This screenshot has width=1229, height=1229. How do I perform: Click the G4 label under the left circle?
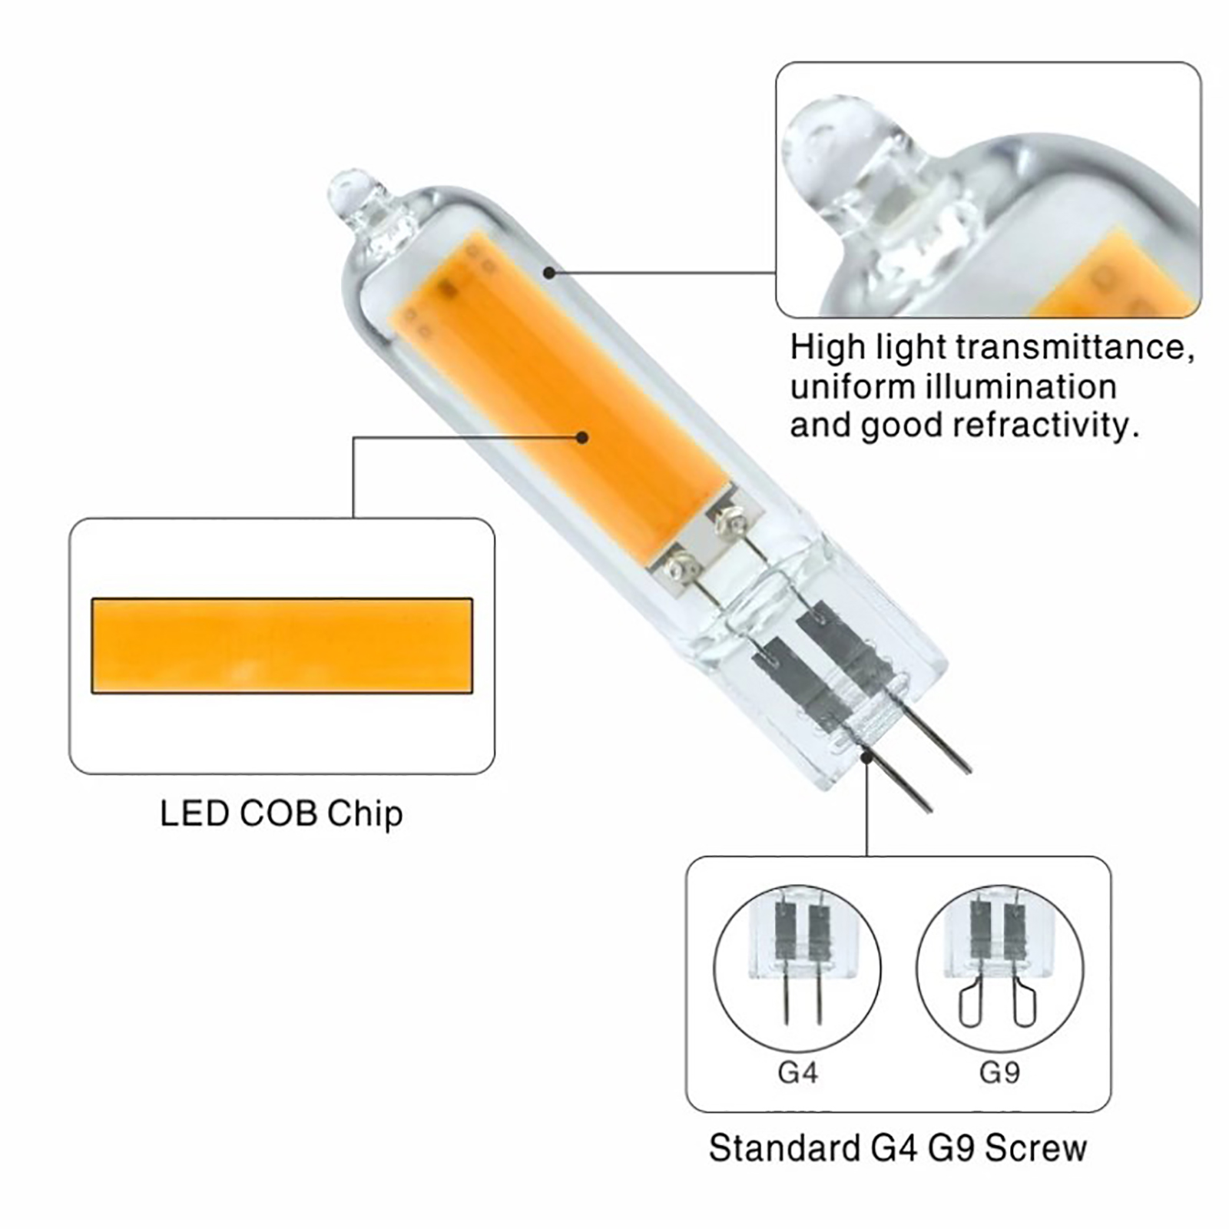tap(797, 1072)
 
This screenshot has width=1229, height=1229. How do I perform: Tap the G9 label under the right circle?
tap(999, 1072)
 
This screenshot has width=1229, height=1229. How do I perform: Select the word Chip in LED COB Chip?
tap(365, 814)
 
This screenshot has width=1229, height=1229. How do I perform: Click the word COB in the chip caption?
tap(278, 813)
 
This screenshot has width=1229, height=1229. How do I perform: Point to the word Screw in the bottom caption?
tap(1036, 1148)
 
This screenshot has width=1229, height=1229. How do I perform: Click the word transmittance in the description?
tap(1075, 348)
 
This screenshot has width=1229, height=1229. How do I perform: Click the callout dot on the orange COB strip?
tap(582, 437)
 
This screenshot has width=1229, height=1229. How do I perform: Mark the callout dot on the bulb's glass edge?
tap(549, 272)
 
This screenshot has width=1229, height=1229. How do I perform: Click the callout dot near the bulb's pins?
tap(867, 757)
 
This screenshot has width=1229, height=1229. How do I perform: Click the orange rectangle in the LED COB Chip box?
tap(282, 645)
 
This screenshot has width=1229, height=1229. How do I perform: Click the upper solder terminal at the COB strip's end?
tap(728, 524)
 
